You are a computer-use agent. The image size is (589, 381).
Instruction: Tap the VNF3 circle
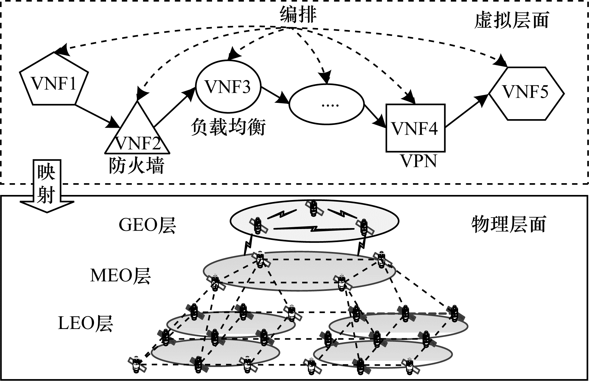point(228,86)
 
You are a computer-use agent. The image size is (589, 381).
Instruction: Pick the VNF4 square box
point(415,128)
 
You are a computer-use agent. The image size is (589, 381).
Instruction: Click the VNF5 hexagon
point(526,93)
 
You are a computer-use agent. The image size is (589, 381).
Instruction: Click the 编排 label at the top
point(298,14)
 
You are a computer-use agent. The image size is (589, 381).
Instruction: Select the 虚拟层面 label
point(511,20)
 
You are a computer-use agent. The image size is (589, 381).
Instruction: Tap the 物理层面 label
point(508,224)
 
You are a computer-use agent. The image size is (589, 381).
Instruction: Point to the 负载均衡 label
point(228,128)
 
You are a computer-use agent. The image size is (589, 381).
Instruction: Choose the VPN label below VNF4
point(418,161)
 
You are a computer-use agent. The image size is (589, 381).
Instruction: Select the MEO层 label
point(121,275)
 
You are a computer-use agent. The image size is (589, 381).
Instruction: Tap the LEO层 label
point(86,323)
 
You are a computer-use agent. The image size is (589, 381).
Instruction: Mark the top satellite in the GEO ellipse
point(314,208)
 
